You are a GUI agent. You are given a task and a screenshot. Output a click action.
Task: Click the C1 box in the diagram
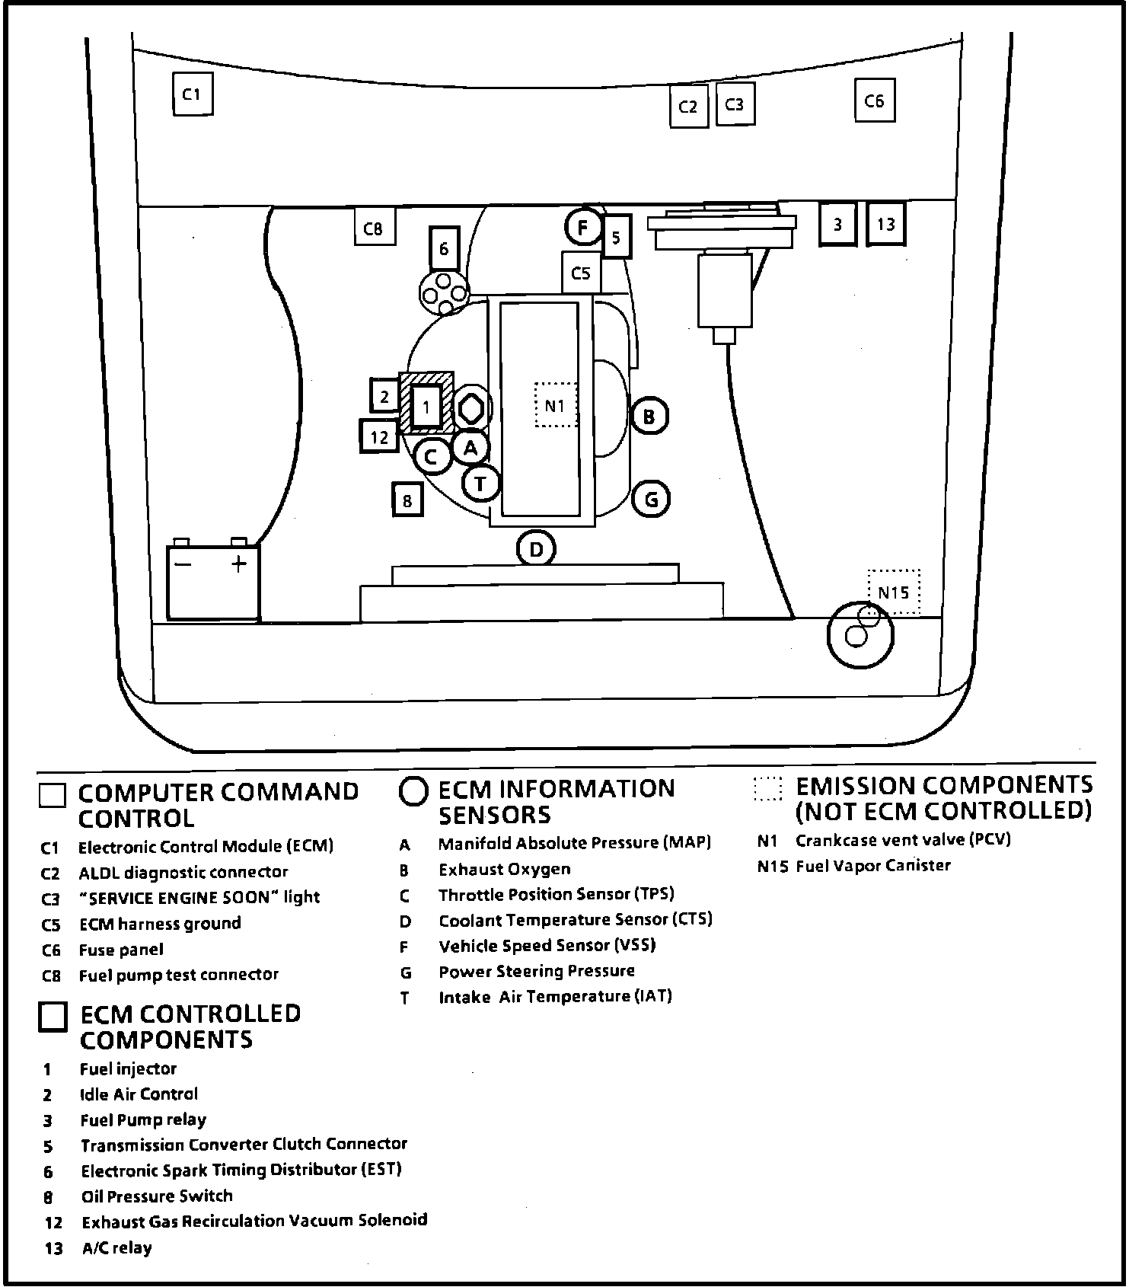pos(192,94)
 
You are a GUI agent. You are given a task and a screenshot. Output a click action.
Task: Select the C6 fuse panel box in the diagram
pos(874,101)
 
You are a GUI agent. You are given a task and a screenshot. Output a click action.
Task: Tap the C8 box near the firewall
pos(375,227)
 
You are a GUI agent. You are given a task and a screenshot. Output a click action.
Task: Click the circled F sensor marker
pos(583,227)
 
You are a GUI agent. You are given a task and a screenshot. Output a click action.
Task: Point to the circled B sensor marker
pos(649,416)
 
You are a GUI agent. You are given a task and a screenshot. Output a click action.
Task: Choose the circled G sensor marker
pos(652,500)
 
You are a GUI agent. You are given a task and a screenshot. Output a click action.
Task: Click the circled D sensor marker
pos(536,549)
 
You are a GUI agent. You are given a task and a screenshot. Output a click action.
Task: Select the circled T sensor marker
pos(480,483)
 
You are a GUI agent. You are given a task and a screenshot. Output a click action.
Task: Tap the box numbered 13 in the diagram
pos(886,224)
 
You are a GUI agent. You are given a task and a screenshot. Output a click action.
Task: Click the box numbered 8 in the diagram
pos(407,500)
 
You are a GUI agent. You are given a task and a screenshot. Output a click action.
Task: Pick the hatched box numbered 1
pos(426,406)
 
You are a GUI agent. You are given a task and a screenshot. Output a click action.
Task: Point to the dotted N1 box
pos(556,405)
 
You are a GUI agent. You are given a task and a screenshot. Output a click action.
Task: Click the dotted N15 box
pos(894,592)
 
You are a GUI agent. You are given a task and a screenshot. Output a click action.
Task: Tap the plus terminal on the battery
pos(239,564)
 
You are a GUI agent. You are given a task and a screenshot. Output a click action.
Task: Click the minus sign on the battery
pos(183,564)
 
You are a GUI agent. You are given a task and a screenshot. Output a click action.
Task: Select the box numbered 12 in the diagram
pos(379,436)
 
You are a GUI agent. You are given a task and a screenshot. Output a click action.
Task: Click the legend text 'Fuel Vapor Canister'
pos(872,866)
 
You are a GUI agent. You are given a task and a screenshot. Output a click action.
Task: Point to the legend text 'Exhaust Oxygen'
pos(504,869)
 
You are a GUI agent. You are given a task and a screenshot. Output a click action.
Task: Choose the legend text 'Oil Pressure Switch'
pos(156,1196)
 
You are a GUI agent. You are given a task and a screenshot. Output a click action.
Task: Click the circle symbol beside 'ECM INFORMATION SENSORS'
pos(413,792)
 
